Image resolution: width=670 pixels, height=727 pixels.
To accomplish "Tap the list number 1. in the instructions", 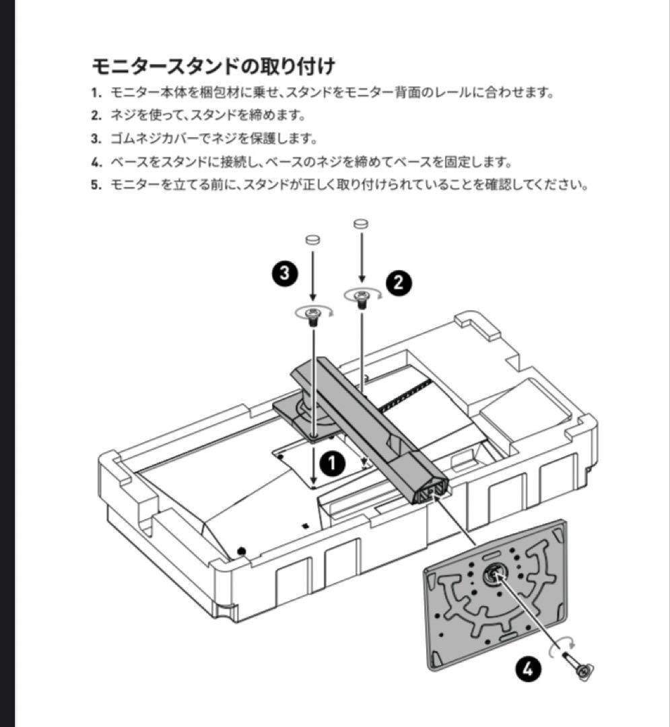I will [x=96, y=93].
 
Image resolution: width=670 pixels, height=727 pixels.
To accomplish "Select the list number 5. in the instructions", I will [x=96, y=184].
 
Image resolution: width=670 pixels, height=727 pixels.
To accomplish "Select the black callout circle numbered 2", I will [x=398, y=282].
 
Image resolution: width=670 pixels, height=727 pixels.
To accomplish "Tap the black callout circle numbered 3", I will [x=285, y=273].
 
